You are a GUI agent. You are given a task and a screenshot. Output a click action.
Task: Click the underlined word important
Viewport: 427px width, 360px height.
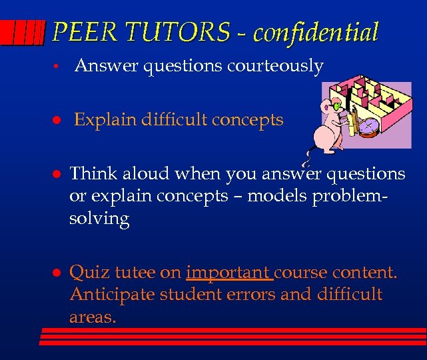228,273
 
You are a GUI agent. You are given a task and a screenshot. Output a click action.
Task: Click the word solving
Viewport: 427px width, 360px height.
99,219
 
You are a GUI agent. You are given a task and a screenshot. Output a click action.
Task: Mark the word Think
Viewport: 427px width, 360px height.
91,174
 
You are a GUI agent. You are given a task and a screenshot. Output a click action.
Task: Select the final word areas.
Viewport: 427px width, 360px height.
92,316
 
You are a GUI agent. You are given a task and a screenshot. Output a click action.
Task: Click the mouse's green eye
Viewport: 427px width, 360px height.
337,105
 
